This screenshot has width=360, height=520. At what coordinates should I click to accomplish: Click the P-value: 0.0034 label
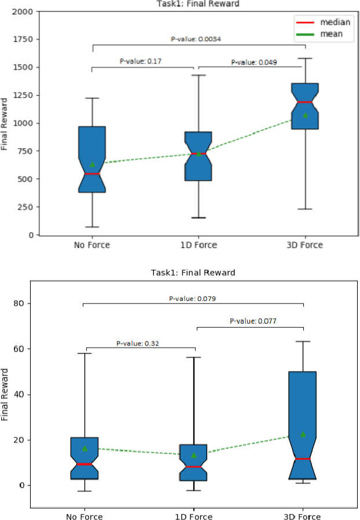pos(196,39)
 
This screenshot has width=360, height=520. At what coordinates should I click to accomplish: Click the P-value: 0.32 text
pos(138,343)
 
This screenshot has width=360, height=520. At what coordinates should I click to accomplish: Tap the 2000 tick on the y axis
pos(23,11)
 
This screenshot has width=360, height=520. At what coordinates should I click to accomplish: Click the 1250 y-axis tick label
pos(23,95)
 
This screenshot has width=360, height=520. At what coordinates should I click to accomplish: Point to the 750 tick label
pos(25,151)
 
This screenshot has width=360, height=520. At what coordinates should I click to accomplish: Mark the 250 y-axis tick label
pos(25,207)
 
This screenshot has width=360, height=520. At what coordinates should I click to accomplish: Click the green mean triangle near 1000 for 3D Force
pos(305,115)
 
